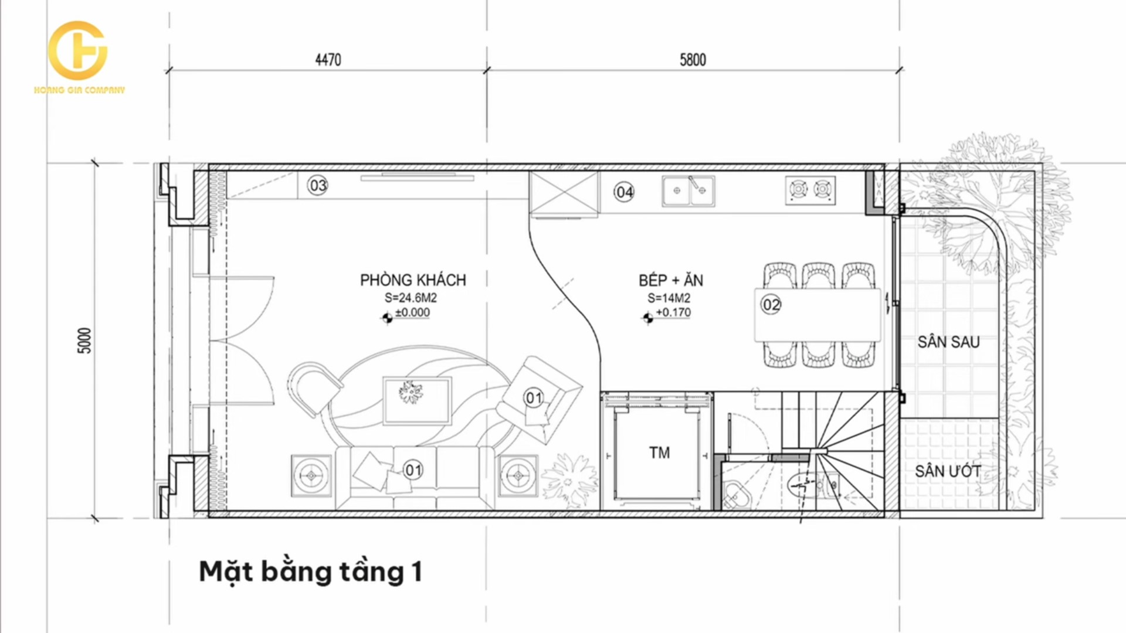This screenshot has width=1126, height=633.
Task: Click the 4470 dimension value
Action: pyautogui.click(x=328, y=60)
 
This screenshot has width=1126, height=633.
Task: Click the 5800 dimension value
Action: pyautogui.click(x=693, y=60)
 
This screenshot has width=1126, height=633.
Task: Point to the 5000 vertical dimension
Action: pyautogui.click(x=85, y=341)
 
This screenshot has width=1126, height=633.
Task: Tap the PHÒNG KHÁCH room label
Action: pyautogui.click(x=413, y=280)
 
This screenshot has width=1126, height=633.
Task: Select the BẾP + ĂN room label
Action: pyautogui.click(x=671, y=280)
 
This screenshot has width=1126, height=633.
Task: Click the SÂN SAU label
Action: pyautogui.click(x=948, y=342)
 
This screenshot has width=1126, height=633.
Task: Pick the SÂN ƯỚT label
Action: pyautogui.click(x=948, y=471)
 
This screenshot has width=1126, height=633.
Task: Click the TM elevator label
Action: pyautogui.click(x=659, y=452)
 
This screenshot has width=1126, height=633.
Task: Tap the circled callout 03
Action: pyautogui.click(x=318, y=186)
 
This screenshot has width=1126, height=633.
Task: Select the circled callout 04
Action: pyautogui.click(x=624, y=192)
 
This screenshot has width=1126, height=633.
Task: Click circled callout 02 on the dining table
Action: pyautogui.click(x=771, y=305)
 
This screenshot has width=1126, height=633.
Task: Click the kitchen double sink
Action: pyautogui.click(x=689, y=191)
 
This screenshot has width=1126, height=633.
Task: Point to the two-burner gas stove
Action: pyautogui.click(x=810, y=190)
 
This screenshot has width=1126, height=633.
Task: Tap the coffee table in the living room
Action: pyautogui.click(x=417, y=400)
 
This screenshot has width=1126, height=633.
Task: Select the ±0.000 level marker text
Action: pyautogui.click(x=412, y=313)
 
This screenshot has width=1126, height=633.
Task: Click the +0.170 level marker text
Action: pyautogui.click(x=673, y=313)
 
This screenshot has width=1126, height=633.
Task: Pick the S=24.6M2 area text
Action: pyautogui.click(x=411, y=298)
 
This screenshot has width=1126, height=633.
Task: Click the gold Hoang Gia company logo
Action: pyautogui.click(x=79, y=57)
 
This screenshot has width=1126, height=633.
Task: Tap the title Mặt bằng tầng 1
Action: pyautogui.click(x=311, y=572)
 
